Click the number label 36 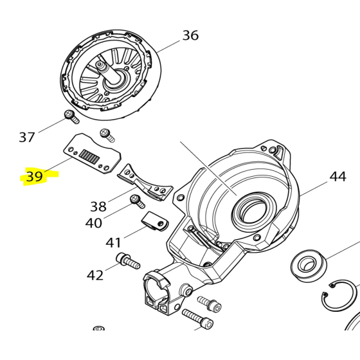tap(190, 35)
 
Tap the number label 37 tap(27, 137)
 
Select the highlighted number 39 tap(35, 176)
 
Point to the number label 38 tap(98, 206)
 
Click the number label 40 tap(94, 223)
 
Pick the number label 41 tap(113, 243)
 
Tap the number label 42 tap(95, 275)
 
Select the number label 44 tap(337, 176)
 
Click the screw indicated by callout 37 tap(70, 116)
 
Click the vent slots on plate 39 tap(90, 156)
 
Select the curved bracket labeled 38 tap(145, 180)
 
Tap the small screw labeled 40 tap(136, 201)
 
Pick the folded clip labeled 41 tap(154, 221)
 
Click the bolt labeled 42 tap(128, 261)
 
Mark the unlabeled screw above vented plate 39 tap(107, 135)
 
